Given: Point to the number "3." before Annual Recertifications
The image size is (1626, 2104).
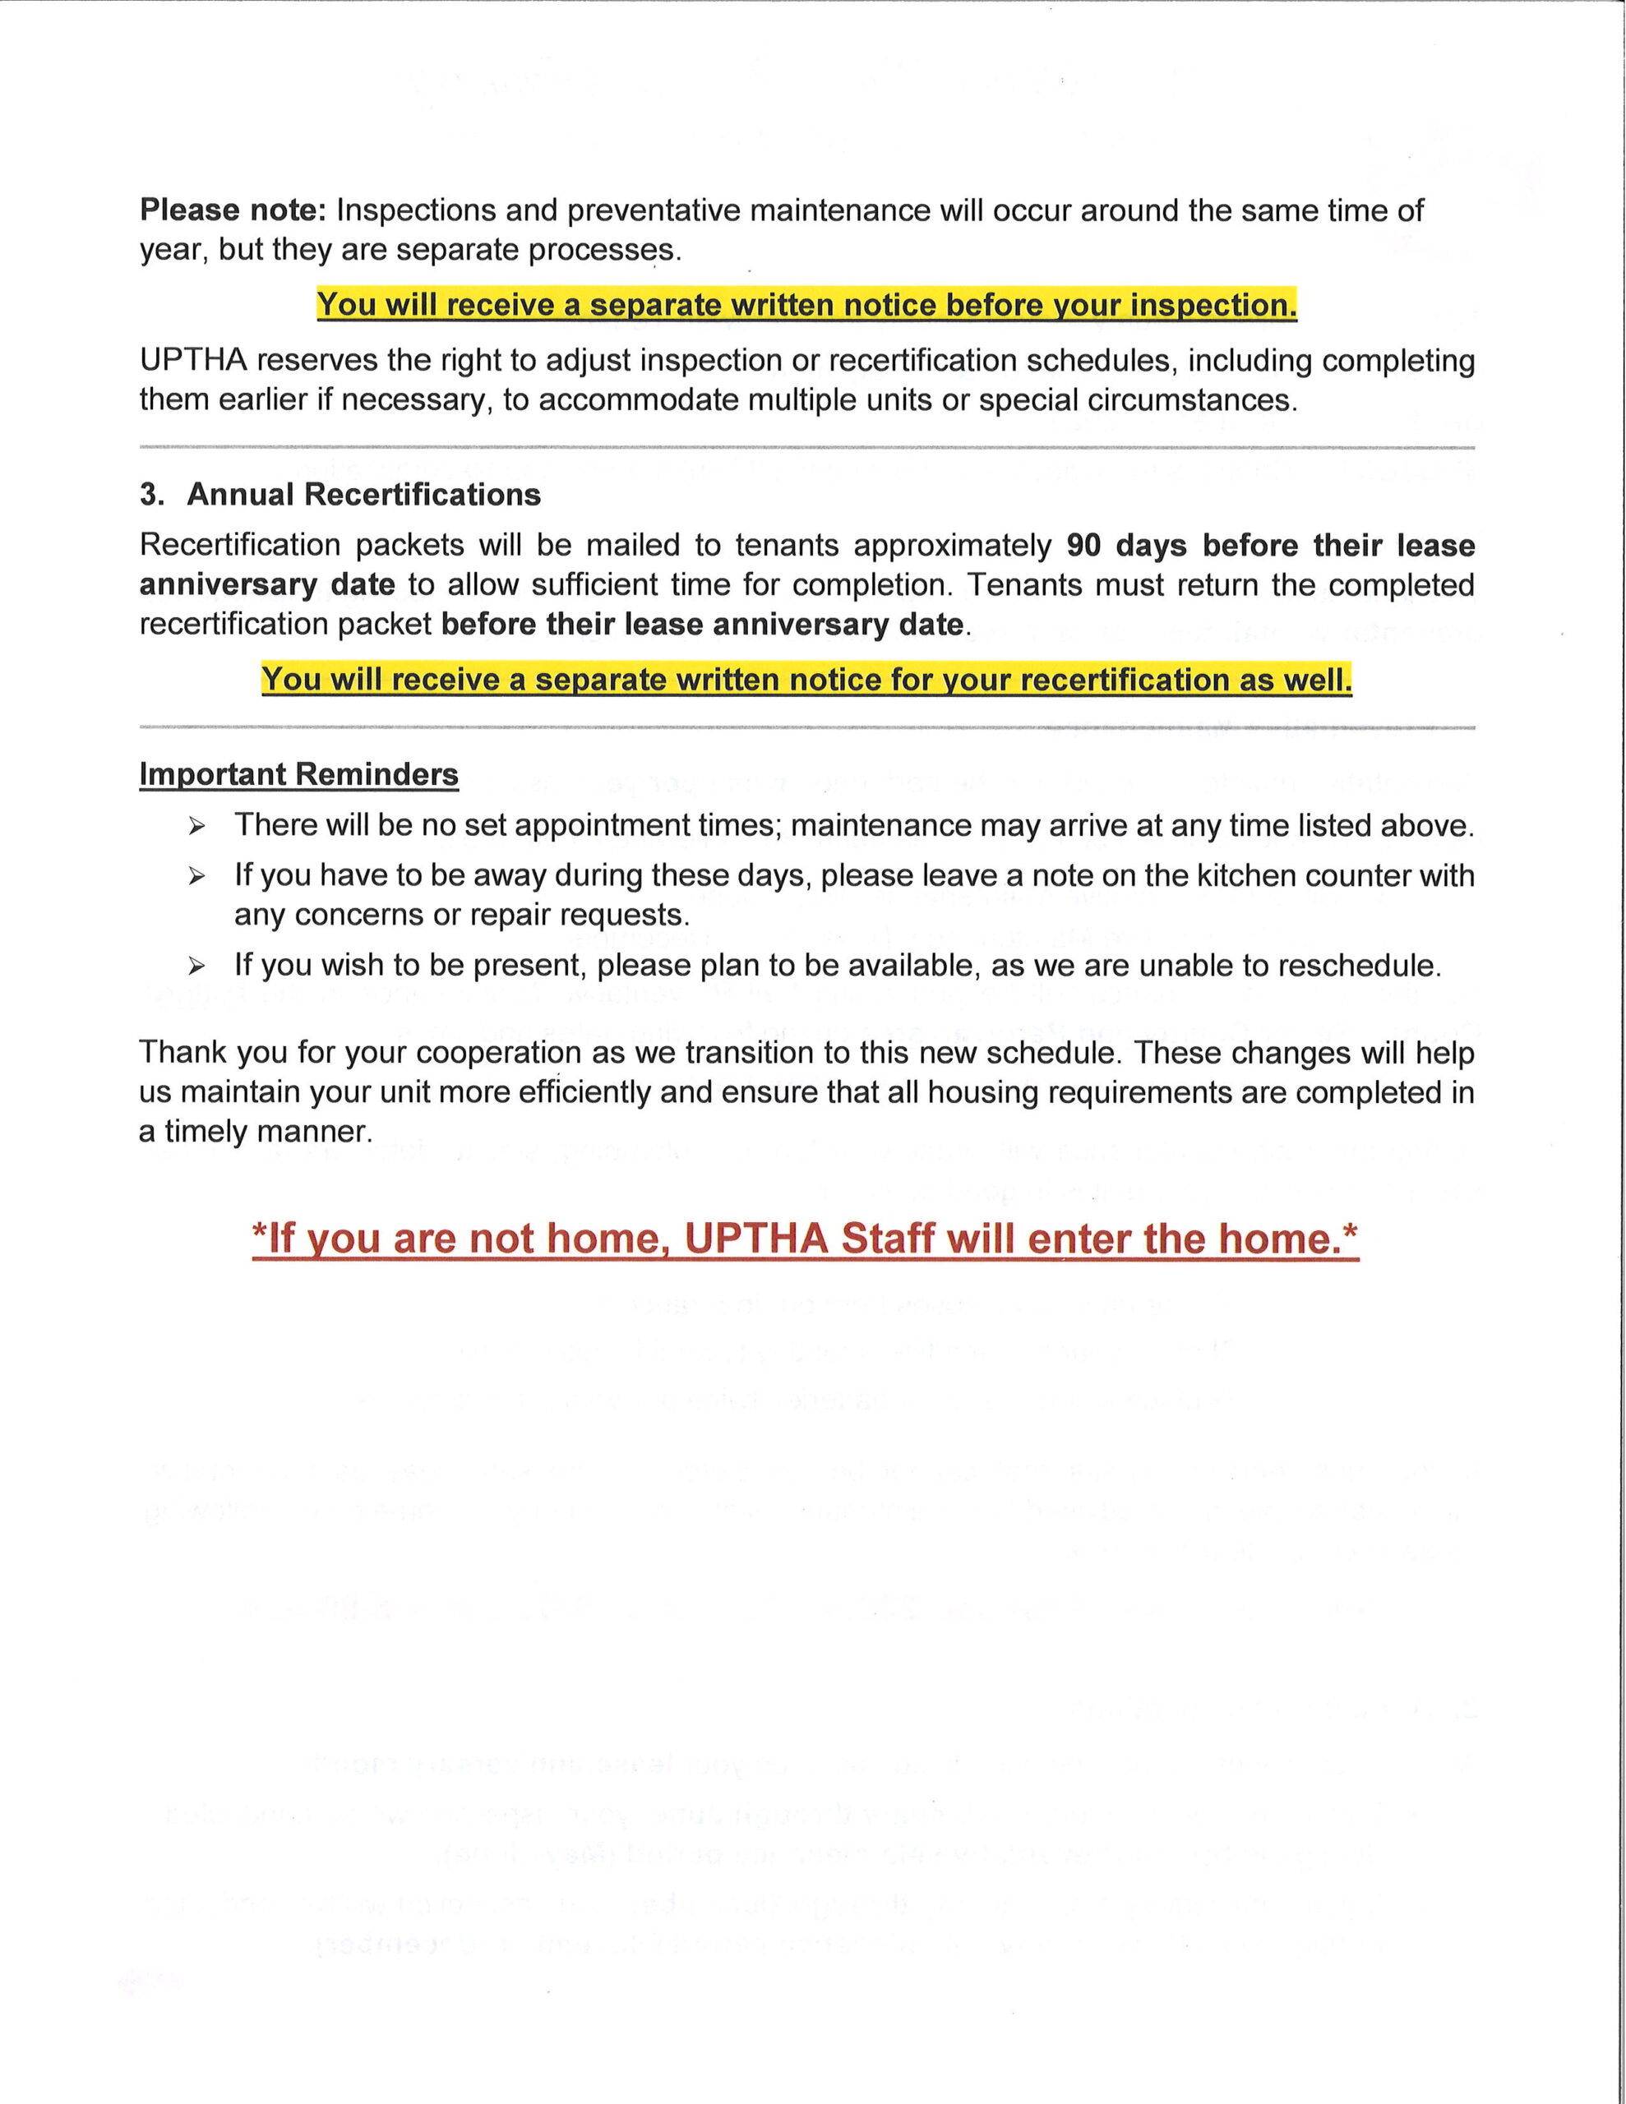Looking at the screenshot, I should coord(152,494).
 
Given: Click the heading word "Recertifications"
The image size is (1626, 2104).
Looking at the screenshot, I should coord(423,494).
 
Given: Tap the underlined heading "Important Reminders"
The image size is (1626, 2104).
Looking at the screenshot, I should coord(298,774).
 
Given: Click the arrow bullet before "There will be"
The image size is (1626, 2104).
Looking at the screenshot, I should coord(196,827).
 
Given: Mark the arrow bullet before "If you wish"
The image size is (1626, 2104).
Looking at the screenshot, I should coord(196,967).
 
